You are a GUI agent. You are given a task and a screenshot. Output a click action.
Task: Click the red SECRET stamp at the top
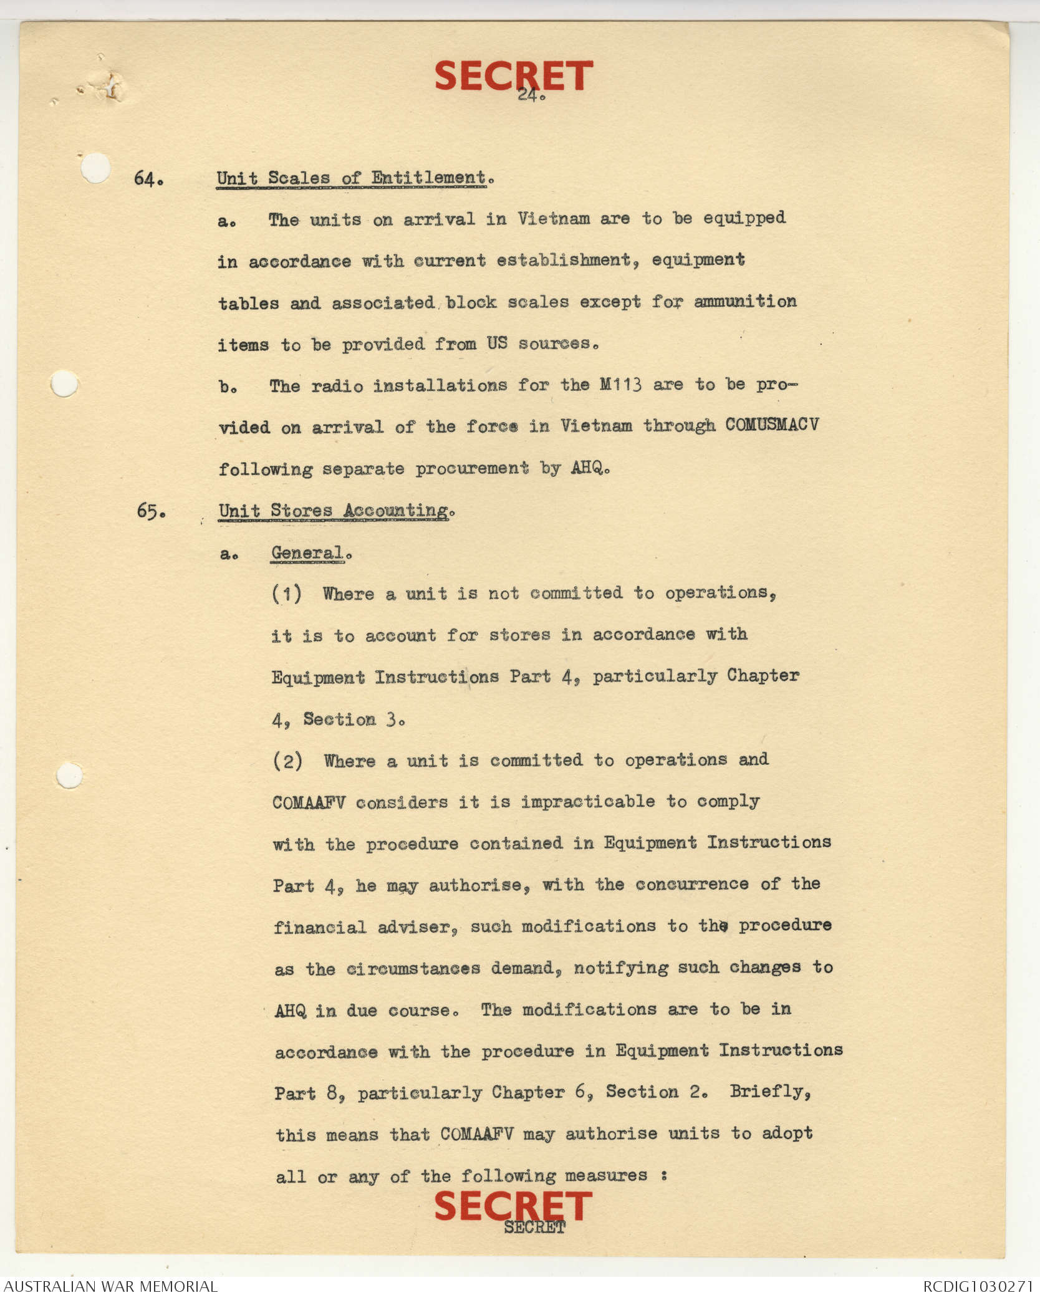[513, 75]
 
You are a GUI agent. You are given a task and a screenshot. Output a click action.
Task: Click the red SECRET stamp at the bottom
[513, 1206]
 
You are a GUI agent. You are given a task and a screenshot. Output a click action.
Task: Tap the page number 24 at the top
[531, 95]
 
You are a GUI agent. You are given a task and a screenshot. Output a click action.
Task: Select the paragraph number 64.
[148, 180]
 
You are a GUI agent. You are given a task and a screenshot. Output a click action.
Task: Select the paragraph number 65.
[151, 512]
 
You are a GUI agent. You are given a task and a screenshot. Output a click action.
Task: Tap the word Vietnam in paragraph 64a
[553, 219]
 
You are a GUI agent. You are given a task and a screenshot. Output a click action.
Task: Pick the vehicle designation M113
[620, 385]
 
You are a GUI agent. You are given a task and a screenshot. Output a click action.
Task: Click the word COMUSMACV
[771, 425]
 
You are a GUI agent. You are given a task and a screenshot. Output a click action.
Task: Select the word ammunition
[745, 302]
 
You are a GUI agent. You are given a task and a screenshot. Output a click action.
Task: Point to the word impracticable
[588, 802]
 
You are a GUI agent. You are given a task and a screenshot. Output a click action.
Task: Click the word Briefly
[770, 1091]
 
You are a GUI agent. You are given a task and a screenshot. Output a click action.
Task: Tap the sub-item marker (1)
[287, 594]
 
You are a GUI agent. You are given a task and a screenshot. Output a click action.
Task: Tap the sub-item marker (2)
[287, 761]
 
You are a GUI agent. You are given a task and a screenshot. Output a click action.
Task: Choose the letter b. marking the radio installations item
[228, 387]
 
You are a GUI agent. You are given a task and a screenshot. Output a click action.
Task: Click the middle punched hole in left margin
[64, 383]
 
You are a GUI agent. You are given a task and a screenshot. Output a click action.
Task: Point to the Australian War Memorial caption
[110, 1286]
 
